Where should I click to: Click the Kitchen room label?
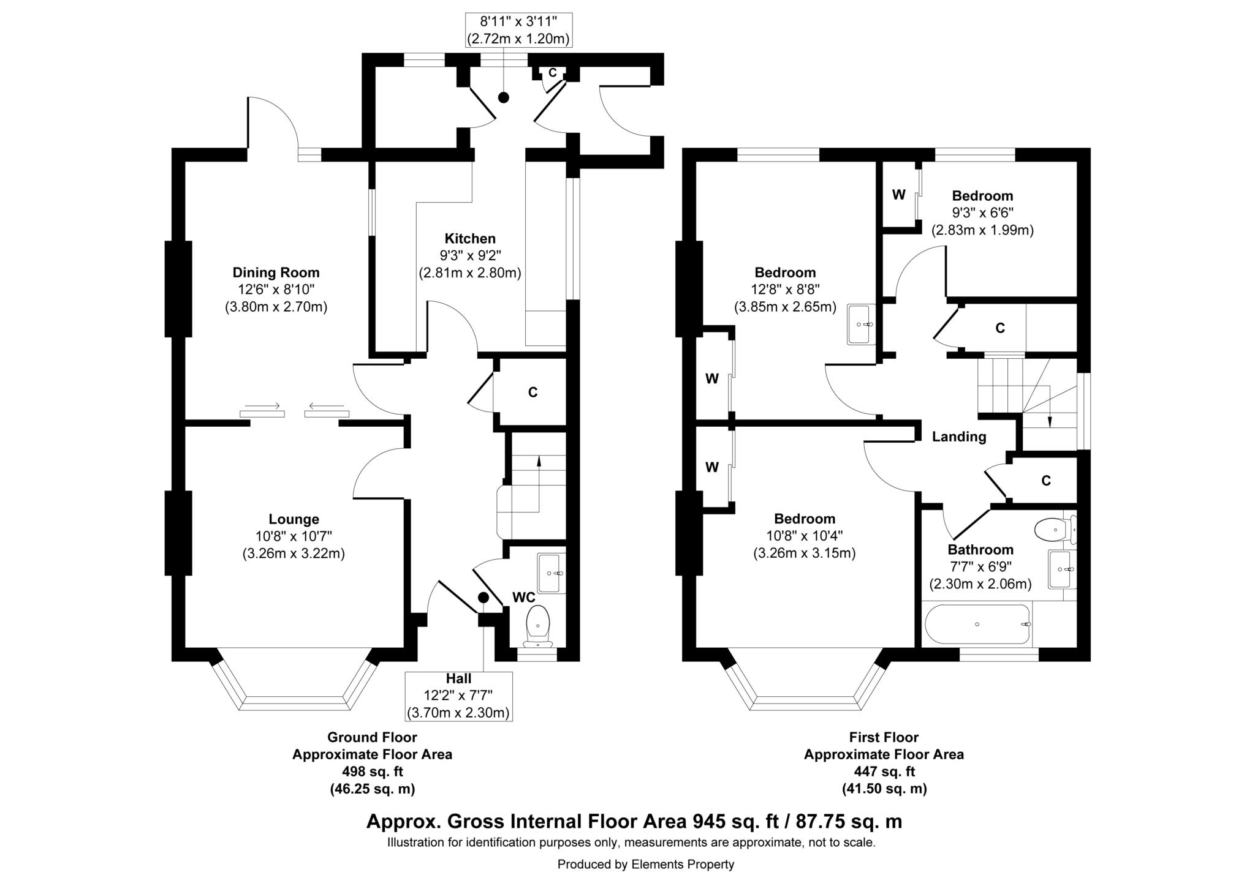point(470,239)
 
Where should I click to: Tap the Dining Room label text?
point(276,272)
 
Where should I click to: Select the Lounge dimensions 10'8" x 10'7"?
point(294,536)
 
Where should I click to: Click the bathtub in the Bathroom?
point(977,624)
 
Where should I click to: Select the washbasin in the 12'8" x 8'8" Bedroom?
point(861,324)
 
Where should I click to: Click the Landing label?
point(959,437)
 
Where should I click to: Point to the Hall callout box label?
point(458,678)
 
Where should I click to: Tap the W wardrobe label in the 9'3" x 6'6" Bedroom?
point(898,195)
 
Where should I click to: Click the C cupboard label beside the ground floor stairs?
point(533,392)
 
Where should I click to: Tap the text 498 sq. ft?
point(372,771)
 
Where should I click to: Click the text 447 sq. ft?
point(884,771)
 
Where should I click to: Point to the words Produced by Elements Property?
point(645,865)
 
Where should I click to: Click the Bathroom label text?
point(980,550)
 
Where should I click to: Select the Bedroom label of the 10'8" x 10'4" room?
point(804,519)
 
